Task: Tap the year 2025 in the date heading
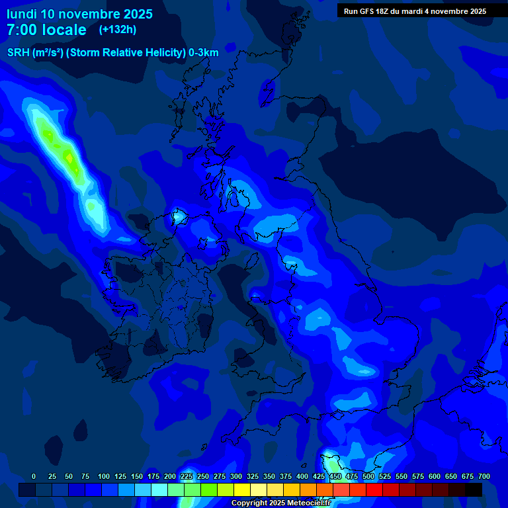(136, 14)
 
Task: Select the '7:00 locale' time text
(46, 30)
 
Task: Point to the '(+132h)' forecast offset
(118, 30)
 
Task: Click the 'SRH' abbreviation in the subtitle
(19, 53)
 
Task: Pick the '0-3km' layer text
(203, 53)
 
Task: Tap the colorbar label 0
(34, 476)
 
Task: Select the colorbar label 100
(104, 476)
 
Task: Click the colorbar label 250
(203, 476)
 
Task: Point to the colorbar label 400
(302, 476)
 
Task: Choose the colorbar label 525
(385, 476)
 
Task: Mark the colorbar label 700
(484, 476)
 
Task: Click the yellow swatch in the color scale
(242, 489)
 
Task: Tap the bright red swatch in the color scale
(374, 489)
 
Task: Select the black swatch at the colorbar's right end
(474, 489)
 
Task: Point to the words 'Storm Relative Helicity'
(126, 53)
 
